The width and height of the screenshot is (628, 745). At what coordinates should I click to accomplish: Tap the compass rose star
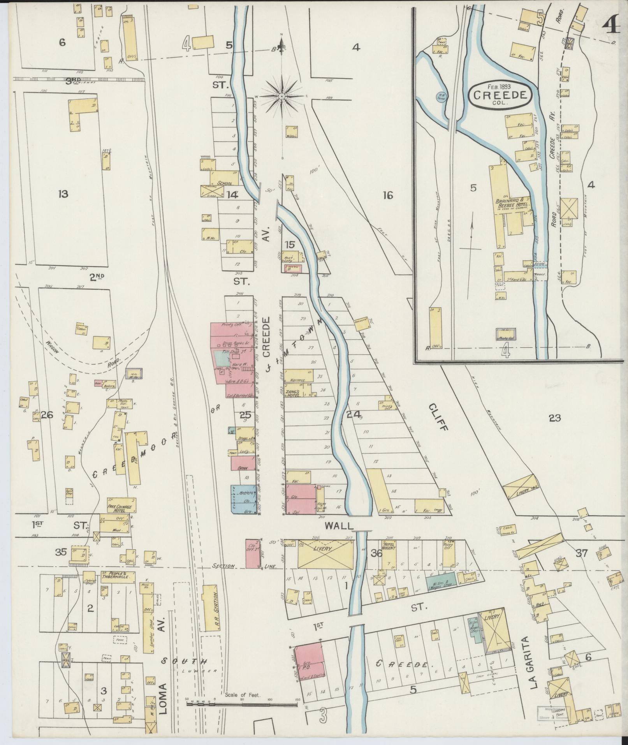281,95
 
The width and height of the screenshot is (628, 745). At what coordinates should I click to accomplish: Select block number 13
63,194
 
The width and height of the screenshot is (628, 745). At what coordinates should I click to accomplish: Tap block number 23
554,418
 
